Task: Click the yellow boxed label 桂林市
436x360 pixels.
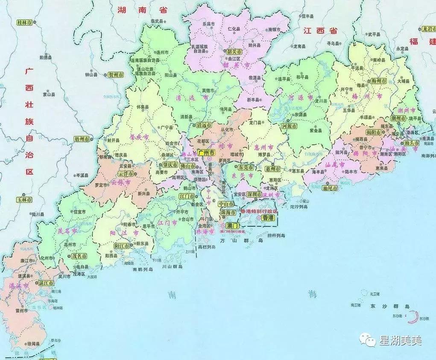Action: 25,22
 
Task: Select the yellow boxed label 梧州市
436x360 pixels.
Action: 82,139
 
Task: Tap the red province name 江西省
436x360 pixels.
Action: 320,31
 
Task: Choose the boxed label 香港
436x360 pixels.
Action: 269,218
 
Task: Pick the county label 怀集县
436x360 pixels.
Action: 143,108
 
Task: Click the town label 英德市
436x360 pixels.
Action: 208,90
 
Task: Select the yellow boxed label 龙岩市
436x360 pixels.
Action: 428,28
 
